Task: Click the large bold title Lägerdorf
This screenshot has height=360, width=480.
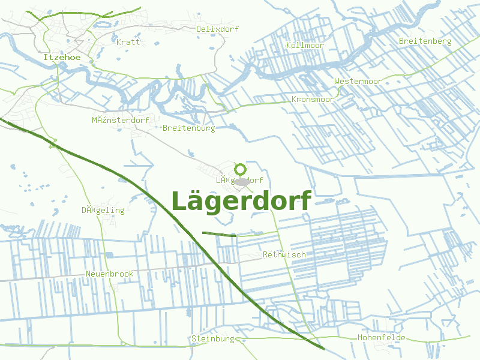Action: tap(241, 201)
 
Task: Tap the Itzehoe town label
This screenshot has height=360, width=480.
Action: tap(62, 57)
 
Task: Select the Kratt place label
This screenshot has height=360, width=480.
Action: tap(128, 42)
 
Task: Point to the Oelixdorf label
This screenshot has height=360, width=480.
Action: tap(218, 29)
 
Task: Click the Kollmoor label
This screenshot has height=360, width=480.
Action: tap(305, 46)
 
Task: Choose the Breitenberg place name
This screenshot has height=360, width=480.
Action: tap(425, 41)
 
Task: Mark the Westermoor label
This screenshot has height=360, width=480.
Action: tap(358, 81)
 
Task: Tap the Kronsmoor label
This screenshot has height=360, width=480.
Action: tap(313, 99)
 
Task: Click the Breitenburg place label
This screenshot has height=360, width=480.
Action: tap(188, 128)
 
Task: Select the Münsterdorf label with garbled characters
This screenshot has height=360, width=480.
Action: tap(121, 120)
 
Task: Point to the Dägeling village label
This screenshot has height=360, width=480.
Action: tap(103, 210)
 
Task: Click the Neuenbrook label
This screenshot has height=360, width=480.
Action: tap(109, 274)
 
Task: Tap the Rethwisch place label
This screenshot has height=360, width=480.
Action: tap(284, 254)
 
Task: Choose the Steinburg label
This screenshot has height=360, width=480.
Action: tap(212, 338)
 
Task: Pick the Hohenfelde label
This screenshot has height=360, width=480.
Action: tap(382, 338)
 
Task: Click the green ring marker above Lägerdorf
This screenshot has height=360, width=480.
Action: tap(240, 169)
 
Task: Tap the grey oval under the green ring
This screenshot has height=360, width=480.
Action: tap(241, 182)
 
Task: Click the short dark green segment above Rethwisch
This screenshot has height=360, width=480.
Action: tap(219, 234)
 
